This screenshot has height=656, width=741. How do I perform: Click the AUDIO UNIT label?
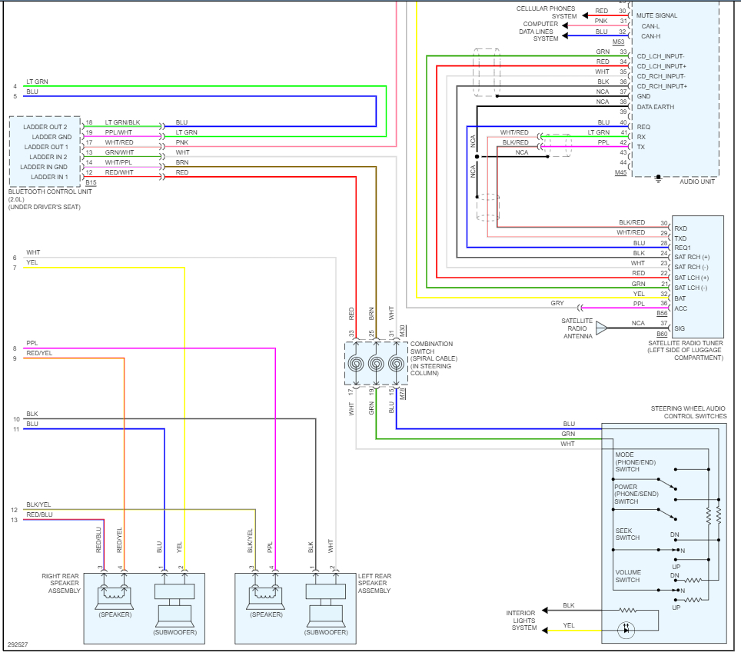click(697, 181)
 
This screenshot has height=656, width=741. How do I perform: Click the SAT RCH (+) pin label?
click(692, 257)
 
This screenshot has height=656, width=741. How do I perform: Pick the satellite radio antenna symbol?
click(601, 328)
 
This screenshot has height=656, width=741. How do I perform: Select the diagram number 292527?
click(18, 644)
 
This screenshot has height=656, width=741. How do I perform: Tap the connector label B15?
click(91, 183)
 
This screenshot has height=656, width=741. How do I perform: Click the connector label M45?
click(620, 173)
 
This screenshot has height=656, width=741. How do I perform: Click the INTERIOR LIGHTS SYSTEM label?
click(520, 620)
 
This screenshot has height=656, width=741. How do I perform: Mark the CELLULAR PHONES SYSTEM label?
click(546, 12)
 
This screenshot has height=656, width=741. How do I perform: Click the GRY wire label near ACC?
click(557, 303)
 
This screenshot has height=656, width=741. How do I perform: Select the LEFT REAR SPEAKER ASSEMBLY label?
click(374, 583)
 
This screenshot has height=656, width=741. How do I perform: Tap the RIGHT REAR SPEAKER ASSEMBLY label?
click(61, 583)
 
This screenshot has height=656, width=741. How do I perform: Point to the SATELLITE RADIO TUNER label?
click(685, 350)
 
